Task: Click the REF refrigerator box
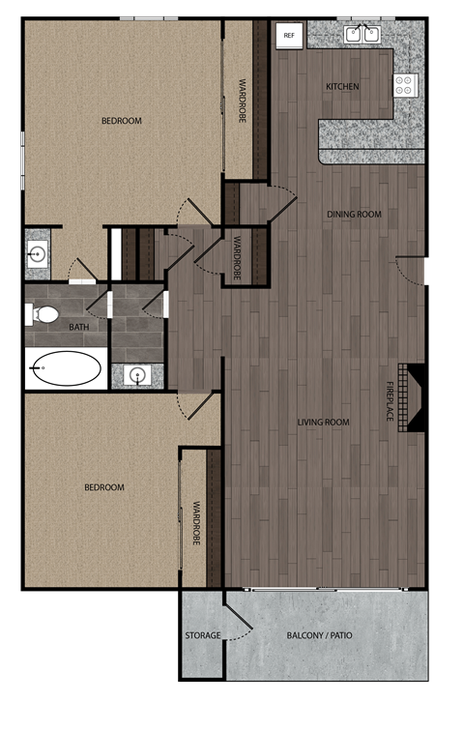[288, 35]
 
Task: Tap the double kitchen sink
[362, 34]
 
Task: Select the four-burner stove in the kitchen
[405, 85]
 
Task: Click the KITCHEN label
[342, 87]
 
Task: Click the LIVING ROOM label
[323, 423]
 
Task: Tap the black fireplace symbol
[415, 396]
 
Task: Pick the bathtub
[66, 368]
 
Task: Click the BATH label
[78, 328]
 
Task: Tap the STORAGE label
[203, 635]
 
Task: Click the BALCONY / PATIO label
[320, 635]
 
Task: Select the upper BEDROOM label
[122, 121]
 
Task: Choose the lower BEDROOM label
[104, 487]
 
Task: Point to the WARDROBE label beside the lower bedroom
[195, 523]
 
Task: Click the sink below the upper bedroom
[39, 255]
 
